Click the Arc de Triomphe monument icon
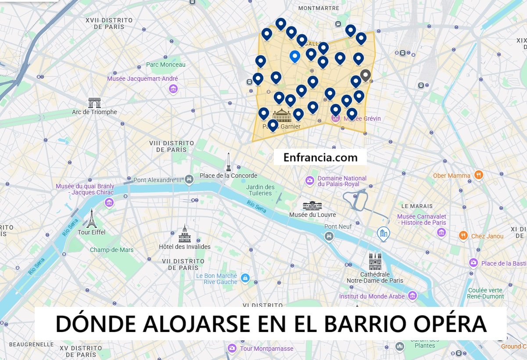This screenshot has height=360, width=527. coord(94,103)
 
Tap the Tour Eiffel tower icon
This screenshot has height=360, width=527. coord(91,218)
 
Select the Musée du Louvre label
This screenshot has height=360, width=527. coord(312,215)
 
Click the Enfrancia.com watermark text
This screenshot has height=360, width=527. coord(320,157)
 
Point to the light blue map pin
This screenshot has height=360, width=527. coord(295,57)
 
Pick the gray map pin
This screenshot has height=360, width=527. coord(365,76)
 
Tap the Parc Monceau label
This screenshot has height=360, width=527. coord(166,65)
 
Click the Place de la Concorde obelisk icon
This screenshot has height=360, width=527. coord(228,162)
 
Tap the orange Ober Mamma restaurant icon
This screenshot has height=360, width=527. coord(478,175)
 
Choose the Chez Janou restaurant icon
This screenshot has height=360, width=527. coord(463,236)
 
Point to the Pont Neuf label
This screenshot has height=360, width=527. coord(338,227)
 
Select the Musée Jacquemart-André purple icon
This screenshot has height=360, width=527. coord(173,89)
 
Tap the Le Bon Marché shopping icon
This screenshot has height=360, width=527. coord(245,278)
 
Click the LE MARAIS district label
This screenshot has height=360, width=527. coord(417,206)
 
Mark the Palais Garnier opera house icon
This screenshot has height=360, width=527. coord(282,115)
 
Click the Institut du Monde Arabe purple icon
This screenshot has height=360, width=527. coord(412,295)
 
